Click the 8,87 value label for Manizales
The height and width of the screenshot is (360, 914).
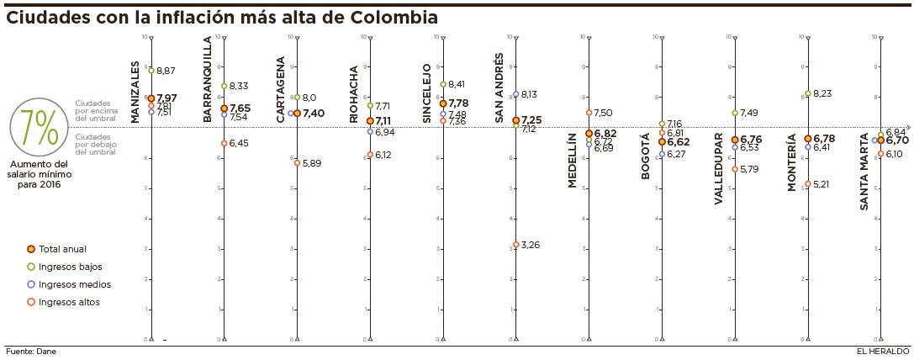coord(166,71)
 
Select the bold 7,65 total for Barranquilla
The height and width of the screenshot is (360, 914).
coord(240,109)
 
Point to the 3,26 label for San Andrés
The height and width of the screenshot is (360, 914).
coord(530,245)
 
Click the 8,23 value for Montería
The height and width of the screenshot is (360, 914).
coord(823,93)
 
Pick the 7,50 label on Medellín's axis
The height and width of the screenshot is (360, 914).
coord(603,113)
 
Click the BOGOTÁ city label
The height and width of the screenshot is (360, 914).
coord(646,156)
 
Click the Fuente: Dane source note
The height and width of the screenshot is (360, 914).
coord(31,352)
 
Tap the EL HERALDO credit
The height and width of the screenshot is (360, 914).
coord(883,352)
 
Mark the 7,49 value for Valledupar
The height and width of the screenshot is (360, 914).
coord(750,113)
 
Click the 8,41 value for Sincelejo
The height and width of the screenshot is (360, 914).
coord(457,84)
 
